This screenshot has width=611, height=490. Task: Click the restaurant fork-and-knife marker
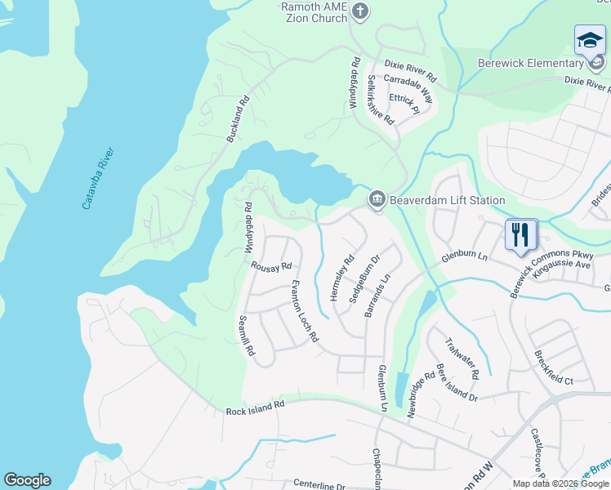point(520,235)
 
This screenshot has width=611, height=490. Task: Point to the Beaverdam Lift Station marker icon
point(377,199)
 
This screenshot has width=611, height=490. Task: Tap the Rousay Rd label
point(271,266)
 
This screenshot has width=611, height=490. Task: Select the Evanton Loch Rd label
point(305,310)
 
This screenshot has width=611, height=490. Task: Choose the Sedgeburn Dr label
point(364,279)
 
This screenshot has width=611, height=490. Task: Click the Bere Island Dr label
point(457,381)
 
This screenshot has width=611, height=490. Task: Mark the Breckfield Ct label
point(554,368)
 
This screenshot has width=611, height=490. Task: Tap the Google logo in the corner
point(27,480)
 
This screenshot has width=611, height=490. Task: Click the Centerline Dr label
point(309,486)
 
